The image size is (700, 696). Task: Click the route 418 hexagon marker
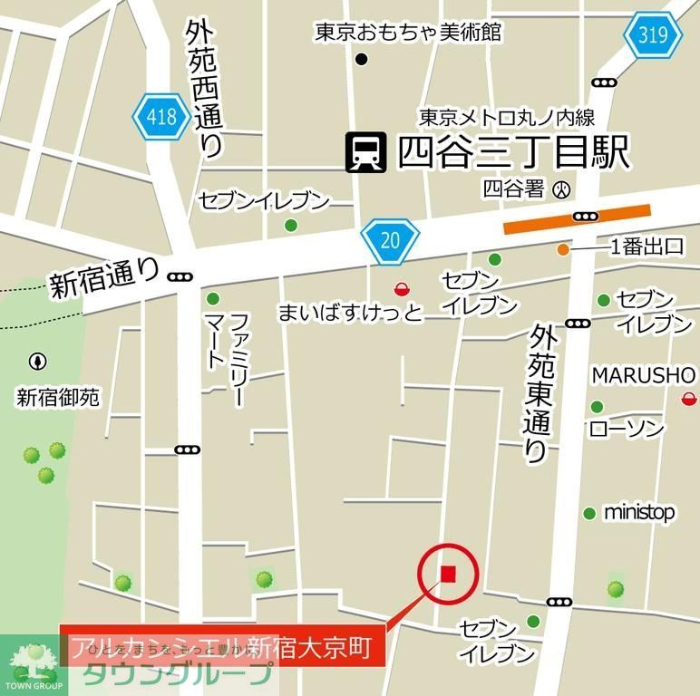[161, 117]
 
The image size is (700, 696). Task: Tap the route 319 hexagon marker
[653, 36]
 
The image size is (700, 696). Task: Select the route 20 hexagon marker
[389, 240]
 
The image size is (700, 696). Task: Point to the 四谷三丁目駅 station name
[513, 152]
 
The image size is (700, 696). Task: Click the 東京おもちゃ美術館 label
[408, 33]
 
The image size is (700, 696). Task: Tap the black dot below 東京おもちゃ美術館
[362, 60]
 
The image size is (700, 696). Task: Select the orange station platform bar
[577, 220]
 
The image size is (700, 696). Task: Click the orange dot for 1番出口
[564, 249]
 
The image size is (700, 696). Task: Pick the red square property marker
[448, 573]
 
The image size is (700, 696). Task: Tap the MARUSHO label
[644, 375]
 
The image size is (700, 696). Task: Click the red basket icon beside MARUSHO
[689, 398]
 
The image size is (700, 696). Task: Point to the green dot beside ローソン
[597, 407]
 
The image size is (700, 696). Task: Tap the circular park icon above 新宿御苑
[37, 362]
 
